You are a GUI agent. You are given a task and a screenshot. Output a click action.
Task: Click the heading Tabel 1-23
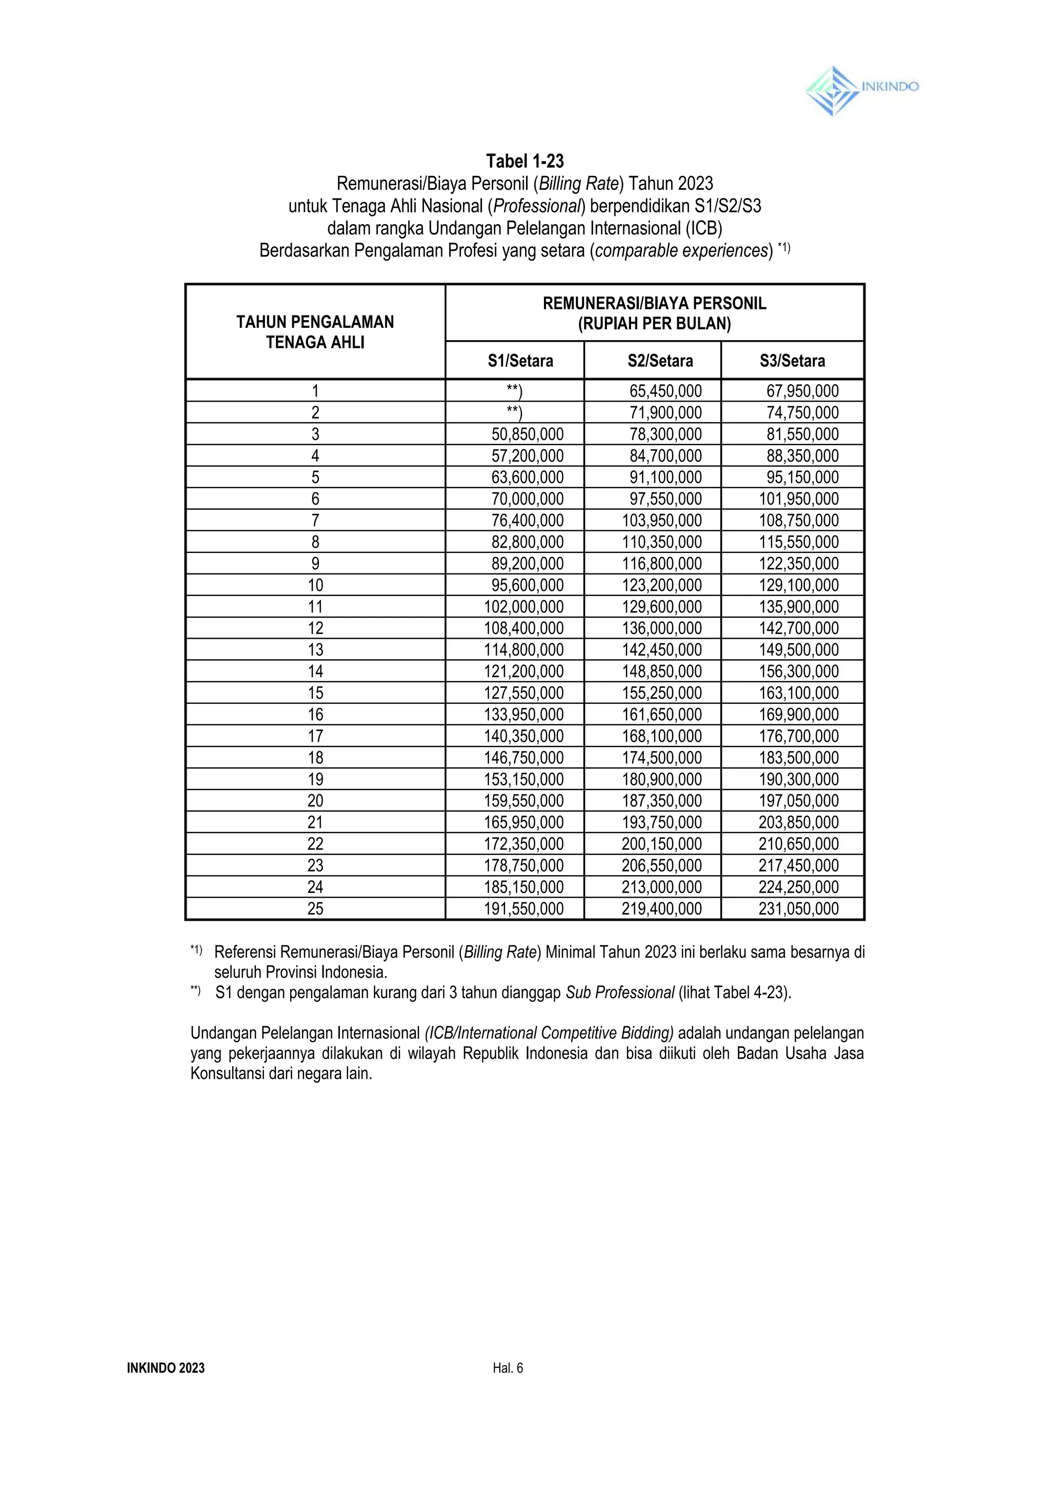pos(524,161)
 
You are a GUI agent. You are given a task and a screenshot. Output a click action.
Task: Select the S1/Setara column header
pos(520,361)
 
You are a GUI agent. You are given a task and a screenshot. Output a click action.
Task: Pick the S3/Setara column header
pos(792,361)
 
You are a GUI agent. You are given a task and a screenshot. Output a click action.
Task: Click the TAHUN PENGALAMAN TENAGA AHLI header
pos(315,332)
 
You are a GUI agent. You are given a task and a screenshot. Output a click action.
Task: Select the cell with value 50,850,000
pos(527,434)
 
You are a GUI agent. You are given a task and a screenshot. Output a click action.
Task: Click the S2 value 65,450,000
pos(665,391)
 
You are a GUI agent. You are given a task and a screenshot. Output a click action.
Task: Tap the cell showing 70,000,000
pos(527,499)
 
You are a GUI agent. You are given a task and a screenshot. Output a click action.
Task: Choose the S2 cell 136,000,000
pos(661,628)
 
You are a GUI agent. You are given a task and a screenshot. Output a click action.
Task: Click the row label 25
pos(315,909)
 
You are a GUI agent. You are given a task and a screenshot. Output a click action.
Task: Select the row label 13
pos(315,650)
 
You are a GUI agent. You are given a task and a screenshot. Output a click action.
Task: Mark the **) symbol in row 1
pos(514,391)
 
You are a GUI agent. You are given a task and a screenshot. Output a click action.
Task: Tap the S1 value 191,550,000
pos(523,909)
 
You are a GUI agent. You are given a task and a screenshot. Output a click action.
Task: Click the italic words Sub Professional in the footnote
pos(619,993)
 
